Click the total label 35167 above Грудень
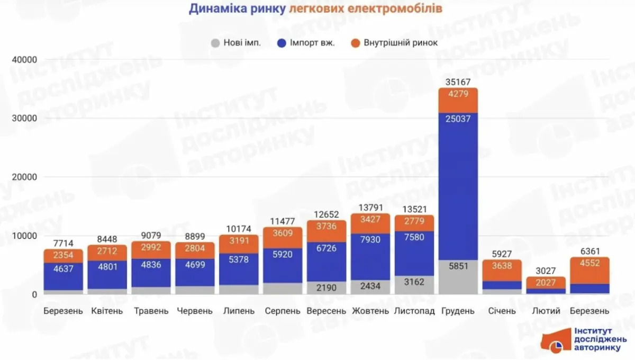[458, 82]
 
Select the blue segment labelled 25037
[458, 185]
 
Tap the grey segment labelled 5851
[458, 277]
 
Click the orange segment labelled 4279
[458, 100]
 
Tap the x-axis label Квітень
[107, 311]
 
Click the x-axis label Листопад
[415, 311]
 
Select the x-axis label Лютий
[545, 311]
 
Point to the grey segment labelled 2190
[326, 287]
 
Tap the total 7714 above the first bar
[63, 243]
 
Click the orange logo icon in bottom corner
[555, 343]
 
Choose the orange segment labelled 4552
[589, 271]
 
